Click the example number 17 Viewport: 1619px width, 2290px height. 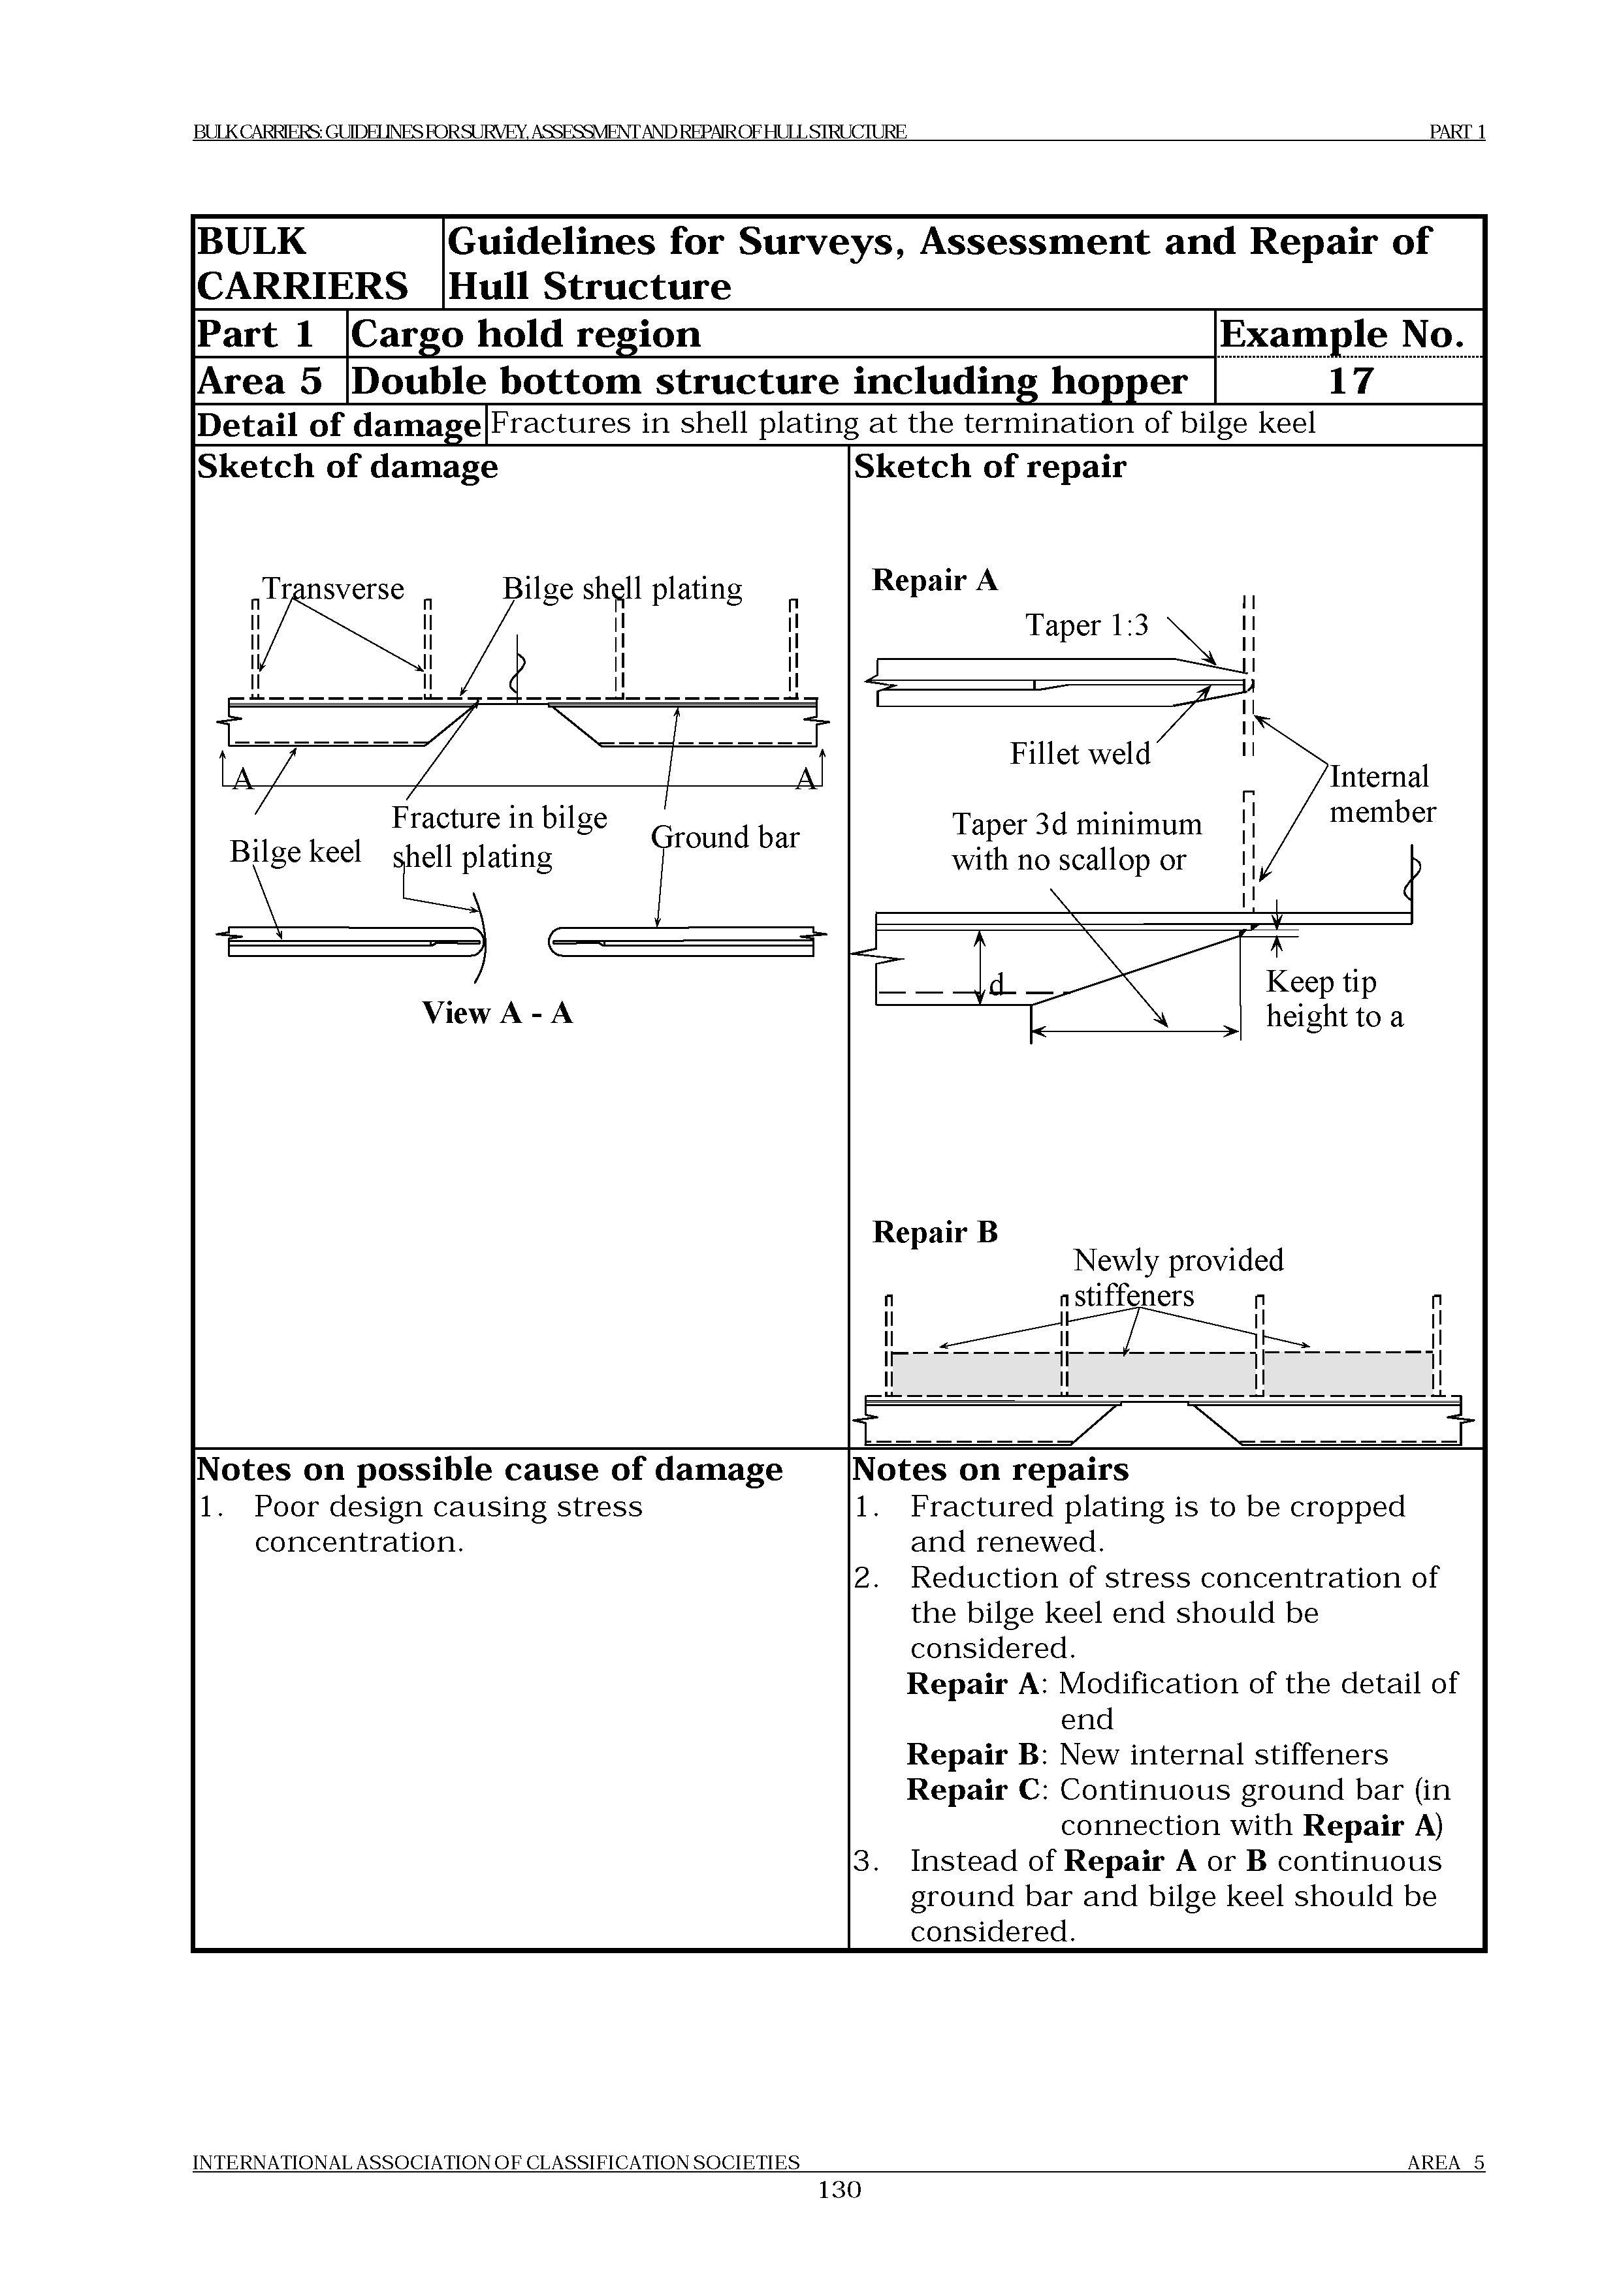point(1351,381)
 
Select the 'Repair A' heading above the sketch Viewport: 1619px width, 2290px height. point(935,580)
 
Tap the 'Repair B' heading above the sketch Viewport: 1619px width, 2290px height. point(935,1232)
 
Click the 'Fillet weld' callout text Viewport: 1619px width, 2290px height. point(1080,753)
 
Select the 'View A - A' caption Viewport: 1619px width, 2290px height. point(497,1013)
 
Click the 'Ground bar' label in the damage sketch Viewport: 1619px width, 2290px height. point(725,837)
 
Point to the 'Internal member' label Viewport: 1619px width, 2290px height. point(1381,794)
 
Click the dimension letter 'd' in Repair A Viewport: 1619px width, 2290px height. point(995,986)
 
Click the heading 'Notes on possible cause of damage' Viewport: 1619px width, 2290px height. point(490,1469)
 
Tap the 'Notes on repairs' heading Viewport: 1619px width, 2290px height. point(991,1469)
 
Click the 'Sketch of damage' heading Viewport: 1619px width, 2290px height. point(347,467)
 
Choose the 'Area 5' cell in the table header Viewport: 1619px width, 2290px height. point(259,381)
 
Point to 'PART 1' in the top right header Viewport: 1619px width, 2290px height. point(1456,132)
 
